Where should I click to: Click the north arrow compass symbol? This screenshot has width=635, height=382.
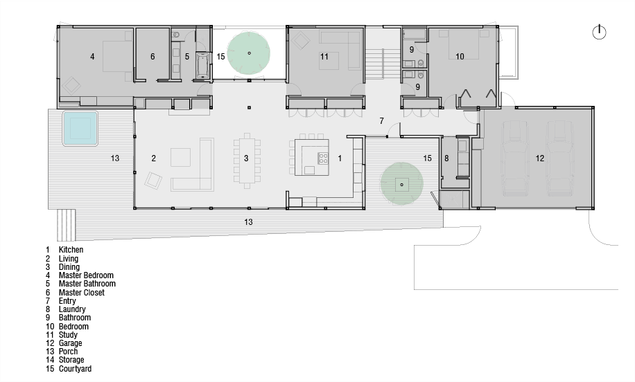599,32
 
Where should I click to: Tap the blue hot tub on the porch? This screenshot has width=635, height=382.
80,128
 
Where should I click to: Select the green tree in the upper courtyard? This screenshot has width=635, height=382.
249,53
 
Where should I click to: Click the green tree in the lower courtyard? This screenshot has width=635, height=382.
401,184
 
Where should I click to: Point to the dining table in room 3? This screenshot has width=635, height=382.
246,161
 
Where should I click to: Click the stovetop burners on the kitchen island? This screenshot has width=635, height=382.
323,158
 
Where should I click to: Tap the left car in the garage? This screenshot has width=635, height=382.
515,159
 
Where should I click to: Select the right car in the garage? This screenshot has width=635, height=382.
560,159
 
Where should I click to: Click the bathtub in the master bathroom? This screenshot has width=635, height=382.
202,65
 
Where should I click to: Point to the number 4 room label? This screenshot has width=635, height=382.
92,57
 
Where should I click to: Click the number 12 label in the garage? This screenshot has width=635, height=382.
540,158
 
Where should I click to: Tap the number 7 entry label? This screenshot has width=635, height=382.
381,120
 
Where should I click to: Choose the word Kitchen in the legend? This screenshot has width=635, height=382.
71,250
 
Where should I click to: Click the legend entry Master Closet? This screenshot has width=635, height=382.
81,292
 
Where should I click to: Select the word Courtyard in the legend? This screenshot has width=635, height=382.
75,369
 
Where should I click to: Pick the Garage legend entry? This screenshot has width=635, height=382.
70,343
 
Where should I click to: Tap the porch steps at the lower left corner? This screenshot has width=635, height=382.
67,224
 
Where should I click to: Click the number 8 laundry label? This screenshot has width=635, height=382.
446,158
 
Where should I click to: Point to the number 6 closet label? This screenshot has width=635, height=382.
153,57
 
